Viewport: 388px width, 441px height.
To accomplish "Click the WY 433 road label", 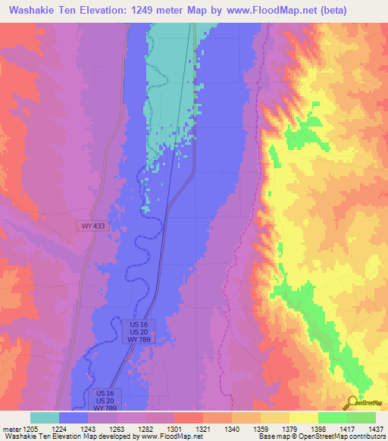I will click(x=94, y=226).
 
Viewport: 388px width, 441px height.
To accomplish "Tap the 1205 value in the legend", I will click(x=30, y=428).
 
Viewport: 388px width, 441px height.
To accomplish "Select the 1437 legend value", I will click(x=375, y=428).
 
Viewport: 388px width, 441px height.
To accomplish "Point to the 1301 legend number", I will click(x=174, y=428).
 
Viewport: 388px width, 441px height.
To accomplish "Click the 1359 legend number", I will click(x=260, y=428).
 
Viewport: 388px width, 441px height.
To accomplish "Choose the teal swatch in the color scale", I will click(x=45, y=418).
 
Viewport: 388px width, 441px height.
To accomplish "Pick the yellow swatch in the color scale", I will click(x=303, y=418).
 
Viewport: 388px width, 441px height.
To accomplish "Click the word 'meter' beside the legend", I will click(x=11, y=428).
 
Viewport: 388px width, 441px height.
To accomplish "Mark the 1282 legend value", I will click(x=145, y=428).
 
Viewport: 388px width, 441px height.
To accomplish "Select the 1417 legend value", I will click(x=346, y=428).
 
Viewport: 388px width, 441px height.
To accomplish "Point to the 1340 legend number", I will click(x=231, y=428).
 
